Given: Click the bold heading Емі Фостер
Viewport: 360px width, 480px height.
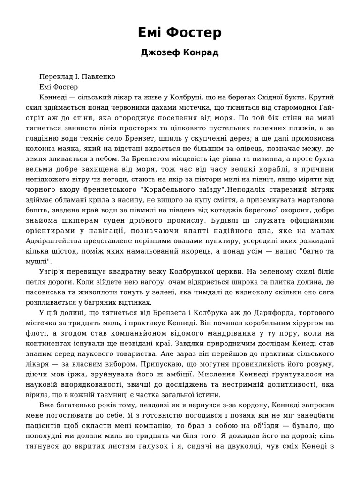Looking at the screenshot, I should click(x=180, y=33).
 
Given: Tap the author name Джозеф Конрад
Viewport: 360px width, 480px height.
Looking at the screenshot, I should click(x=180, y=52).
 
